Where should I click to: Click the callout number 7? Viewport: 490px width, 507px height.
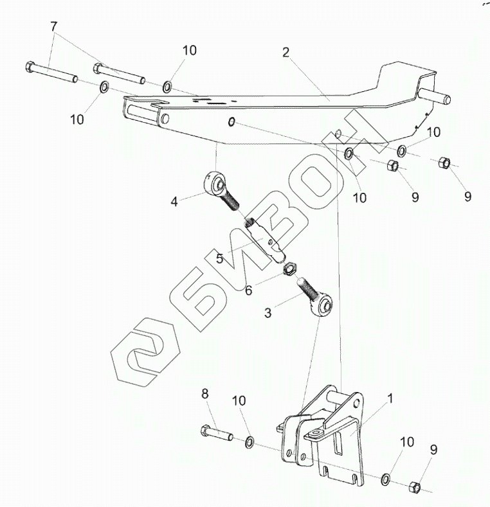[54, 27]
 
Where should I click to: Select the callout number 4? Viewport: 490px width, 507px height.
[174, 201]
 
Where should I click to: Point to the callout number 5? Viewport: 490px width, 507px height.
[219, 258]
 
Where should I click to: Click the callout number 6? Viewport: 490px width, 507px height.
[248, 290]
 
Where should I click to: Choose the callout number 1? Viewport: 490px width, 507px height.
[390, 398]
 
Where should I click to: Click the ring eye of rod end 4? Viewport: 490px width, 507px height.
[213, 184]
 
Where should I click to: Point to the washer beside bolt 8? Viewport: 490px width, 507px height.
[250, 442]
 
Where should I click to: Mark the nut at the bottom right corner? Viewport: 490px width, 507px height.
[415, 486]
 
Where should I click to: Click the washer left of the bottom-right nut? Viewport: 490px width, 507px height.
[386, 479]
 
